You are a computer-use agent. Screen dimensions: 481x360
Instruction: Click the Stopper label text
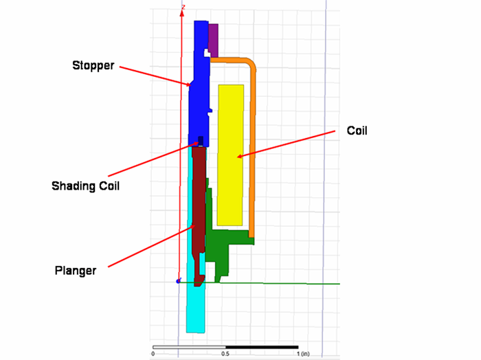pos(93,66)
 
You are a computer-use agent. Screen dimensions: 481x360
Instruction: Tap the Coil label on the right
pos(357,131)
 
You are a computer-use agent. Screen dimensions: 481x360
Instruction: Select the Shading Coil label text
pos(85,186)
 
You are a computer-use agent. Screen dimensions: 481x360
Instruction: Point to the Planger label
pos(76,271)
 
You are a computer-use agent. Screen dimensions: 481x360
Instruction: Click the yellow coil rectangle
pos(230,155)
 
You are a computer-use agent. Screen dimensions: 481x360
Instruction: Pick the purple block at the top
pos(213,40)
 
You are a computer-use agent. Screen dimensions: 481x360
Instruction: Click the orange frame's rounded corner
pos(251,63)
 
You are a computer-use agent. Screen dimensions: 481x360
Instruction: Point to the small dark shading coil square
pos(201,141)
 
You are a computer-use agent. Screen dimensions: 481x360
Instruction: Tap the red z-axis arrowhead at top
pos(183,13)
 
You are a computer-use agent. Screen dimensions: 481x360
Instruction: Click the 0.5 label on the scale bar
pos(225,354)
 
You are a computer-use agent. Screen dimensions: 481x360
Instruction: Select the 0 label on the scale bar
pos(153,354)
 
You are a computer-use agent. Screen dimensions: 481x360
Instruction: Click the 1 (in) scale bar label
pos(303,354)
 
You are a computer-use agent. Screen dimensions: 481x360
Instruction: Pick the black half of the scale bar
pos(262,347)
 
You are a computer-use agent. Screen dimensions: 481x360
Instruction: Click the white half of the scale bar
pos(189,347)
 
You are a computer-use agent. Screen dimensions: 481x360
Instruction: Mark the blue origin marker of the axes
pos(178,281)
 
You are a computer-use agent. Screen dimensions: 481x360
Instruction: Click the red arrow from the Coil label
pos(287,144)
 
